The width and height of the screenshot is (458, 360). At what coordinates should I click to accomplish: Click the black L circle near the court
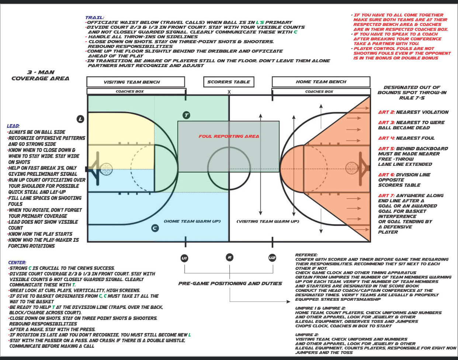coord(80,119)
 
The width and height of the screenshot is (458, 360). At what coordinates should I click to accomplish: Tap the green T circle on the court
coord(187,115)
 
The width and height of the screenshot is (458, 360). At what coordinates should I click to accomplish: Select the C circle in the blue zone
coord(155,228)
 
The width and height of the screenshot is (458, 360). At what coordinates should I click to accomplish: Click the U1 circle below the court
coord(184,258)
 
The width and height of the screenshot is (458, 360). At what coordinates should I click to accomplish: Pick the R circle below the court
coord(229,258)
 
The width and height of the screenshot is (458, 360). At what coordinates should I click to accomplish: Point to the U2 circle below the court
coord(272,258)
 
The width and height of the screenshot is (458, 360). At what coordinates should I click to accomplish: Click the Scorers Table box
coord(229,82)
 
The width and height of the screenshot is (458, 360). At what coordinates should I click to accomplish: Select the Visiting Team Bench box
coord(136,82)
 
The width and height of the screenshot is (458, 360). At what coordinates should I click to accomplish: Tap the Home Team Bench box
coord(321,82)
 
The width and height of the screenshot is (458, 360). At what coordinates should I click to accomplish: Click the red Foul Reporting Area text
coord(229,136)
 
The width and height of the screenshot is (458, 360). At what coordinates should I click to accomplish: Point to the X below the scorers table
coord(229,92)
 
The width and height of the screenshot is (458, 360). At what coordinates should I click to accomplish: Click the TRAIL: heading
coord(94,17)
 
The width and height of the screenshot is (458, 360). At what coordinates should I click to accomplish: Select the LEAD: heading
coord(13,126)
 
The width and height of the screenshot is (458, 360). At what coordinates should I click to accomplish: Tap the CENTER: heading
coord(17,262)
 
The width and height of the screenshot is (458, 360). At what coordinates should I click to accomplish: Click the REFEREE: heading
coord(306,255)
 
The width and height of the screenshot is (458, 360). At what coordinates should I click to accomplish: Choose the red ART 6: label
coord(385,175)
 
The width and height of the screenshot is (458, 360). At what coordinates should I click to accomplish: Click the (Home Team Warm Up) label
coord(192,221)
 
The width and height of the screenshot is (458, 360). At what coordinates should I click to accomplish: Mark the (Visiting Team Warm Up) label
coord(268,221)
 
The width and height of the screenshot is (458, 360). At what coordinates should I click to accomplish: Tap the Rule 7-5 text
coord(412,98)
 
